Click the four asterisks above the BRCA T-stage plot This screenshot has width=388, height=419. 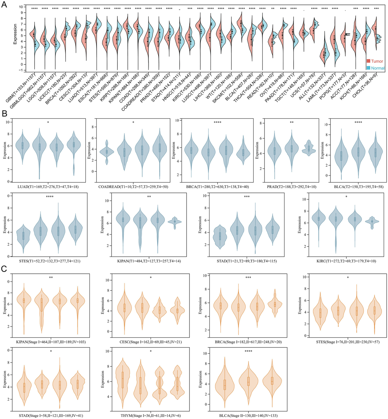(217, 122)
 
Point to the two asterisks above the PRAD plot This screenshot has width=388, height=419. (292, 122)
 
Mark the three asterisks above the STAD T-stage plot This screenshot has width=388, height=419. (246, 197)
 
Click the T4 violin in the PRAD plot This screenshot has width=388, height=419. (309, 148)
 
